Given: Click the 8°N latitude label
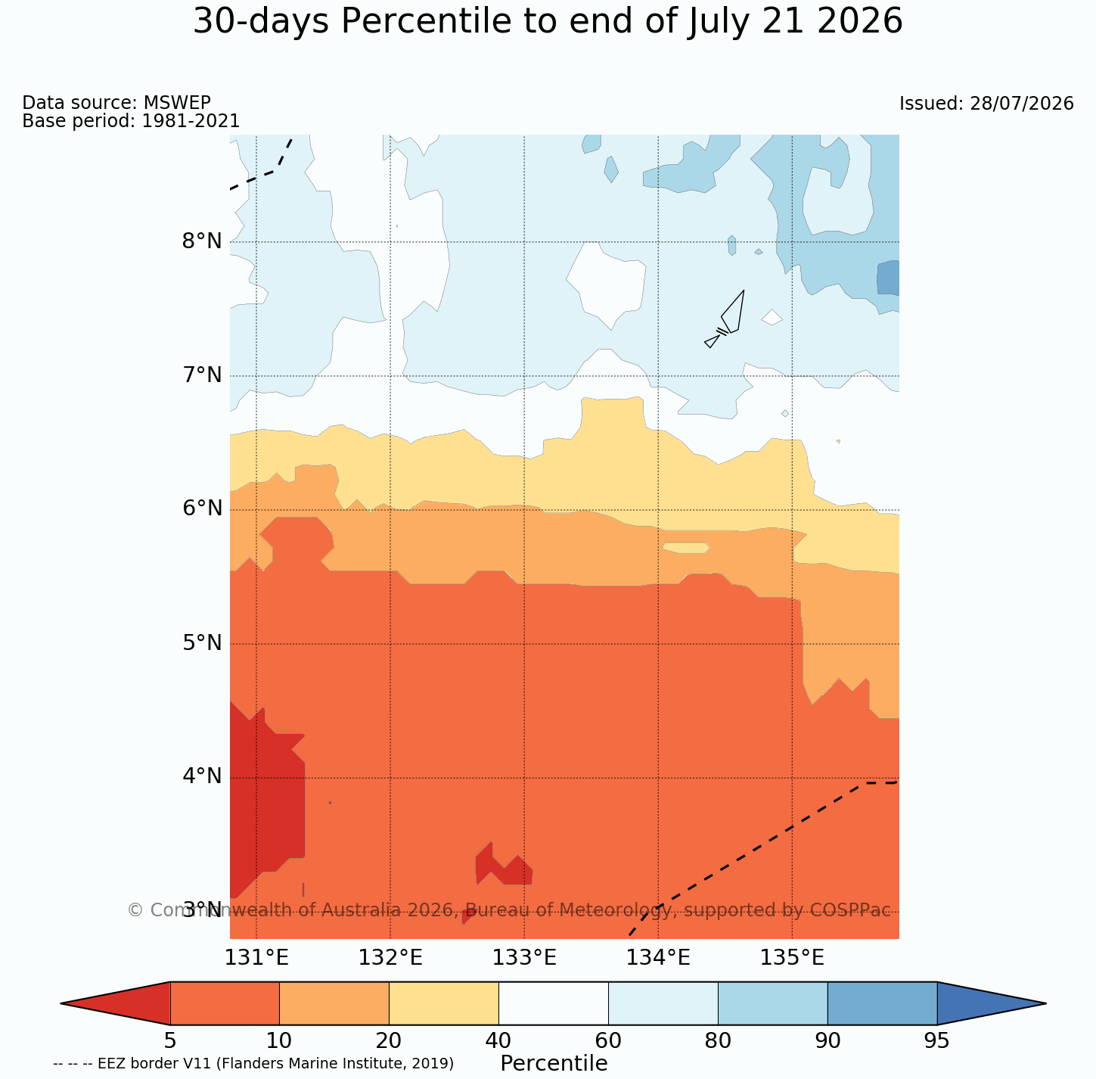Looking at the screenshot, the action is coord(202,241).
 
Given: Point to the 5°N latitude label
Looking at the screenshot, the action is coord(202,643).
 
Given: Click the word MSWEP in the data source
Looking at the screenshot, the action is coord(177,102).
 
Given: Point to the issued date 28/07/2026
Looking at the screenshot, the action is coord(1021,104).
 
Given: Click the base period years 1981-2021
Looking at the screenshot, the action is coord(191,120).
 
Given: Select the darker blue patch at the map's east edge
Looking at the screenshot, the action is coord(888,278).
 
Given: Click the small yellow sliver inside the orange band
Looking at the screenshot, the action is coord(686,548).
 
